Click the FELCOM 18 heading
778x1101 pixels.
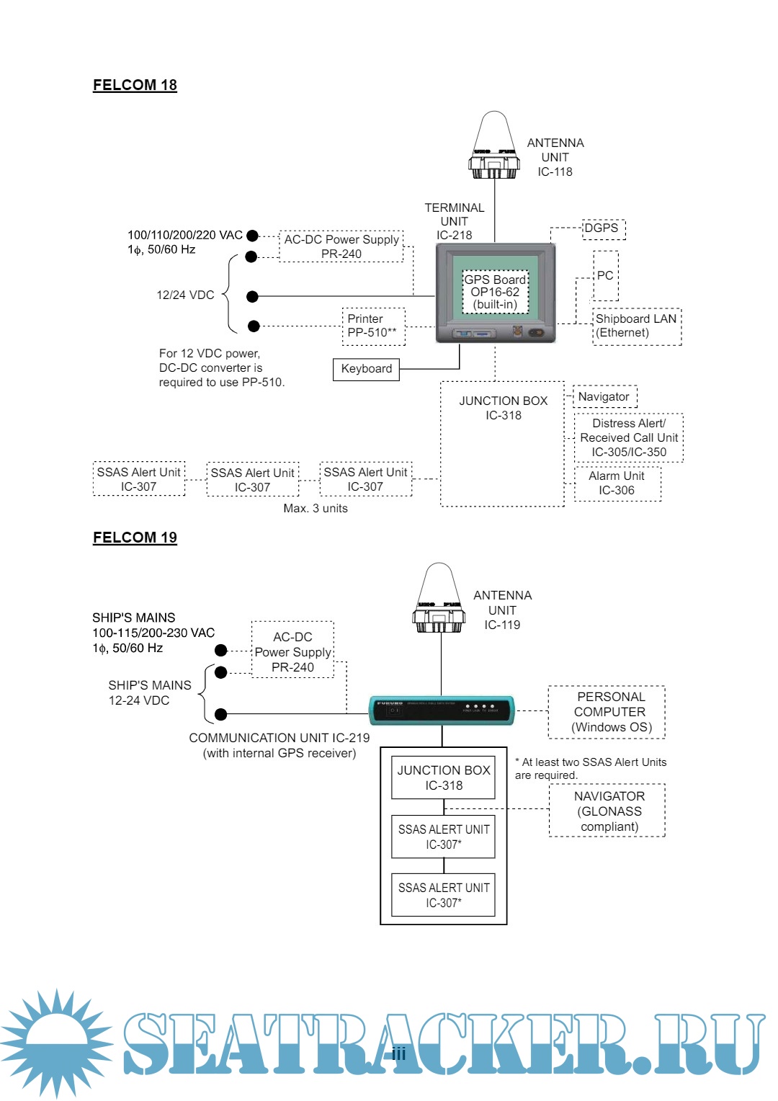tap(135, 85)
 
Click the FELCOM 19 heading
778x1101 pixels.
tap(135, 538)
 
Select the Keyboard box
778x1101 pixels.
tap(366, 369)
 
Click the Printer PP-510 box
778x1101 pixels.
tap(373, 326)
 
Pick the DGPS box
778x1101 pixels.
tap(603, 229)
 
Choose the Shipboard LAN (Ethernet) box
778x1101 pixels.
tap(637, 326)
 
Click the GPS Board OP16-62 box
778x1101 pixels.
tap(495, 292)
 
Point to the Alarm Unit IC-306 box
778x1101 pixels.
tap(617, 483)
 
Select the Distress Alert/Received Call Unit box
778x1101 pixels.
tap(629, 437)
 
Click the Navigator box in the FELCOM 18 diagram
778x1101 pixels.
tap(605, 397)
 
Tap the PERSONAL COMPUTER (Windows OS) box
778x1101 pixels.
tap(607, 712)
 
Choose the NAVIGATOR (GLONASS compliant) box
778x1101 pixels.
tap(607, 811)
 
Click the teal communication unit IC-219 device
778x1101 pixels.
tap(442, 710)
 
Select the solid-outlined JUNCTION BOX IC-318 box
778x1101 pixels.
tap(443, 777)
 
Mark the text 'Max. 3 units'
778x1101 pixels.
tap(316, 509)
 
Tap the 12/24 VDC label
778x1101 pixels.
tap(185, 295)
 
